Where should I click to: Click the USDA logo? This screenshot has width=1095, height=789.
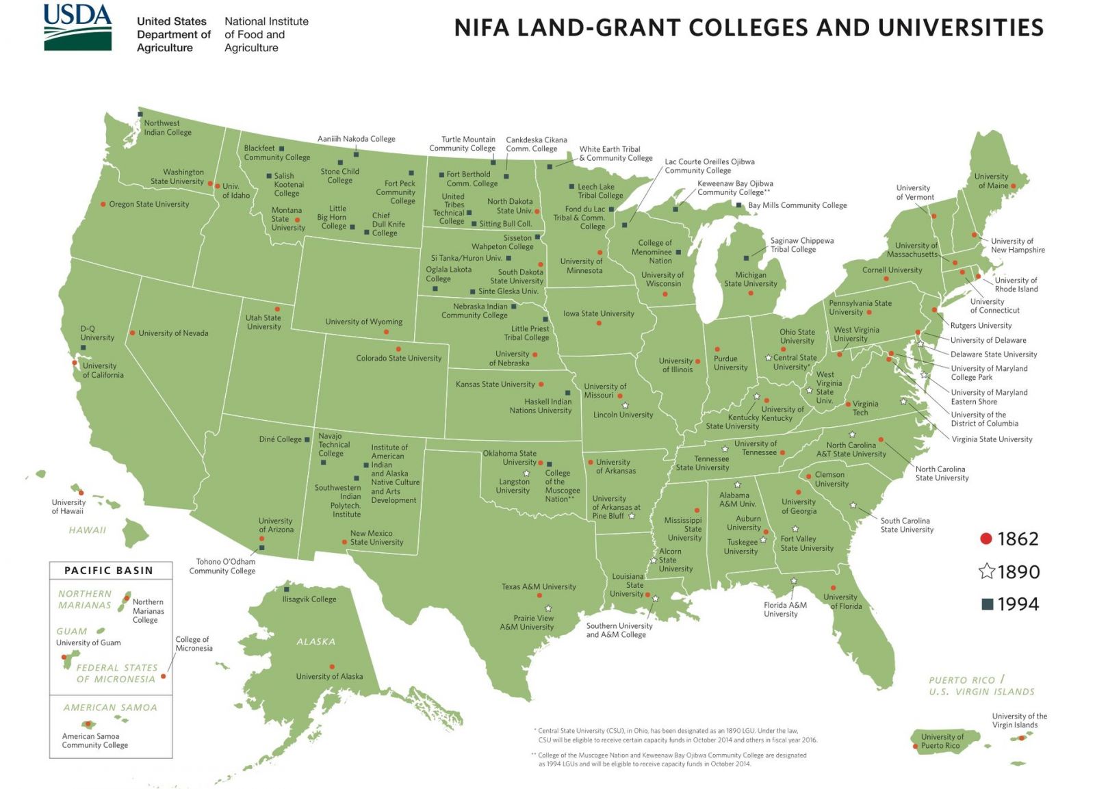coord(77,27)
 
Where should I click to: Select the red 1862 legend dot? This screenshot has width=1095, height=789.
coord(985,539)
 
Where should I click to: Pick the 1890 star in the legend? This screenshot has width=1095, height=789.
coord(986,571)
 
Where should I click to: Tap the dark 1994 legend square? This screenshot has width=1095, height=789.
coord(987,604)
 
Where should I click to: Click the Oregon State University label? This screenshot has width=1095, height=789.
coord(149,204)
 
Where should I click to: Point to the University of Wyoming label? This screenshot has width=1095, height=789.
coord(363,322)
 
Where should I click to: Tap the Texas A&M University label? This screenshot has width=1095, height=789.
coord(539,586)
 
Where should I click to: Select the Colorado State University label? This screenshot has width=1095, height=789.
coord(398,358)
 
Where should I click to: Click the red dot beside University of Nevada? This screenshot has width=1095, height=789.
coord(132,333)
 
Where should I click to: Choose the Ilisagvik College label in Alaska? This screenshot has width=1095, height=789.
coord(309,599)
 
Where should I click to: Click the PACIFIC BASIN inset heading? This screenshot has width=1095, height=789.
coord(109,571)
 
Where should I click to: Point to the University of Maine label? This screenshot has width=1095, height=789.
coord(991,181)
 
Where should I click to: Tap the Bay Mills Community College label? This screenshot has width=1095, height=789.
coord(797,205)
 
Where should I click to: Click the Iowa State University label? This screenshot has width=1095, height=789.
coord(598,313)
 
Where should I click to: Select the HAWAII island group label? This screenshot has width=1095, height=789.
coord(87,530)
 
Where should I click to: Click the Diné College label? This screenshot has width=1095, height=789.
coord(280,439)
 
